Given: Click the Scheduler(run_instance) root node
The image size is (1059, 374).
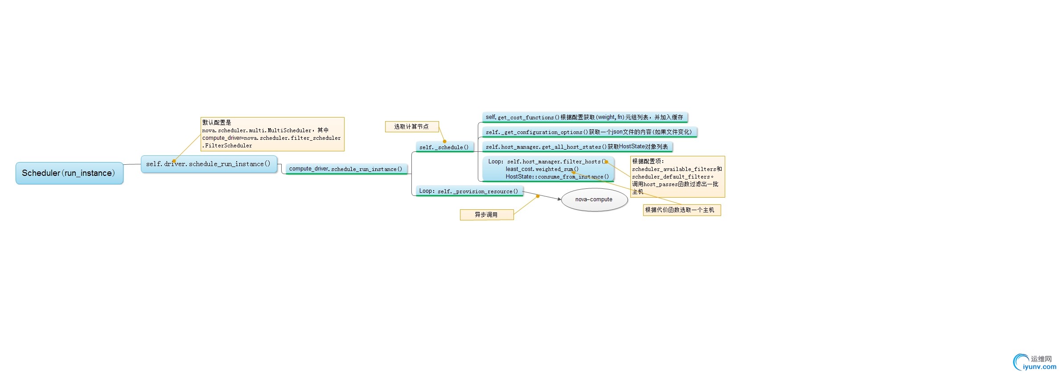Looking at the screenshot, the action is coord(70,173).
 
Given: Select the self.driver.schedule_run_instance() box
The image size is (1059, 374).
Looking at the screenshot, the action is coord(209,164).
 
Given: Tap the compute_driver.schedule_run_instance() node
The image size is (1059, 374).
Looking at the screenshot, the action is coord(346,169).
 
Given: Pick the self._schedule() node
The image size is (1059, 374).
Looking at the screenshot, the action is coord(444,147).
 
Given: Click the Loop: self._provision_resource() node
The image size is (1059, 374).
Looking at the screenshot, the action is coord(469,191).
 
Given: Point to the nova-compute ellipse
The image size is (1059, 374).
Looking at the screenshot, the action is coord(594,199).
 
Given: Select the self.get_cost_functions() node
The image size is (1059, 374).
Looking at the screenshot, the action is coord(585,118).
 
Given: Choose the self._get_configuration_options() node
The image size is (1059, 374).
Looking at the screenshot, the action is coord(589,132).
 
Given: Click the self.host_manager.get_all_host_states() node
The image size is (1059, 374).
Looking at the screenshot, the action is coord(577,147).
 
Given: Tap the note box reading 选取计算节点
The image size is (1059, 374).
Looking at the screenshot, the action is coord(412,127).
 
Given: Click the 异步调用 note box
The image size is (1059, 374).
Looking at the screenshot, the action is coord(487,215).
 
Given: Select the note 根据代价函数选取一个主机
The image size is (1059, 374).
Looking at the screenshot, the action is coord(682,210).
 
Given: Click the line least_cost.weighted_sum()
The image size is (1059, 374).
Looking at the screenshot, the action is coord(542,169).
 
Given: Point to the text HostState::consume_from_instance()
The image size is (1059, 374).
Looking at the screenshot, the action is coord(557,177).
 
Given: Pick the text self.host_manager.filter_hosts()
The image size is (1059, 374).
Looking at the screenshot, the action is coord(557,162).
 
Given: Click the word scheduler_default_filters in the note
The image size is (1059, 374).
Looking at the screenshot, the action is coord(671,177).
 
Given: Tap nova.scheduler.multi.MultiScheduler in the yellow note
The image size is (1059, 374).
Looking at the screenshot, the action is coord(257,130).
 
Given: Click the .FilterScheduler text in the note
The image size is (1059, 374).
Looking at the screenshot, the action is coord(227,146).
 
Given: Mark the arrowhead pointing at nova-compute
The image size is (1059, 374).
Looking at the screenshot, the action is coord(559,199).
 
